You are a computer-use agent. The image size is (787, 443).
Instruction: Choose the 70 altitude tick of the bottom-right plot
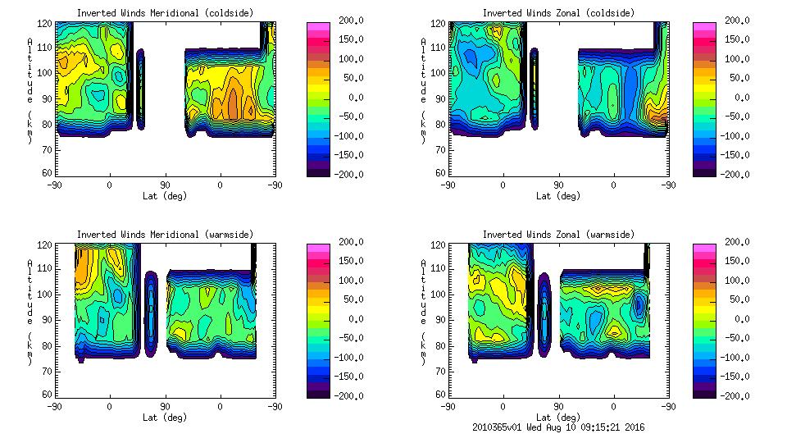click(441, 370)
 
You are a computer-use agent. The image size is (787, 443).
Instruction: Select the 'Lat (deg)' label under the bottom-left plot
click(166, 418)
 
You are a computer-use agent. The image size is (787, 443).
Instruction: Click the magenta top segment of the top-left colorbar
click(317, 27)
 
